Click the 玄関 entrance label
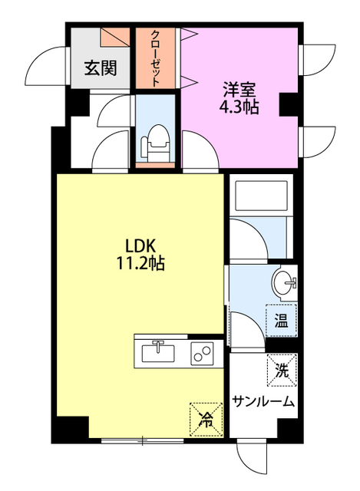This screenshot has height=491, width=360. coord(101,68)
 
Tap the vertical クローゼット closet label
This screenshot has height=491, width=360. coord(156,58)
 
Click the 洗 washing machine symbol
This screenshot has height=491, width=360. coord(281,371)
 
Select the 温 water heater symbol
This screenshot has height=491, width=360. coord(281,321)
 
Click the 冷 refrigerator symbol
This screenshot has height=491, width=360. coord(205,418)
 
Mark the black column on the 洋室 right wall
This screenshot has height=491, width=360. coord(290,103)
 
